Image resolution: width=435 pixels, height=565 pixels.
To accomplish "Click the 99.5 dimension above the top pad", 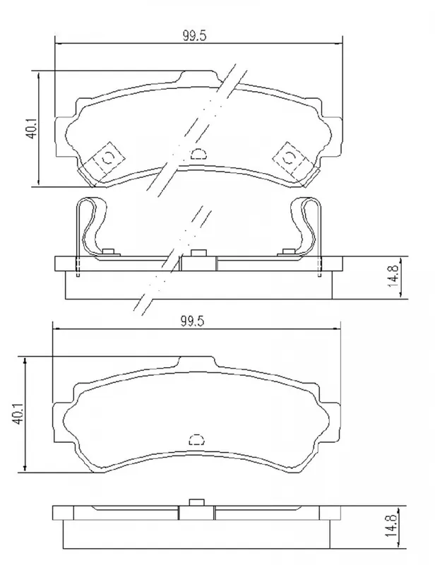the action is pos(194,36).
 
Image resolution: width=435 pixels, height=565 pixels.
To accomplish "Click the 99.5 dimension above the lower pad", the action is pos(192,321).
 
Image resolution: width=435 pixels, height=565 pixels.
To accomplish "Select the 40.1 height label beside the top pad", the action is pos(31,129).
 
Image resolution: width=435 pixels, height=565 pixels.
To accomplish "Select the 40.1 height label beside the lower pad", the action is pos(19,413).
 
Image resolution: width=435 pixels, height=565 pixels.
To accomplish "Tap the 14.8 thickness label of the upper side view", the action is pos(393,276).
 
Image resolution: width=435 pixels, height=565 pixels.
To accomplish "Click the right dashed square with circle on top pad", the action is pos(289,157).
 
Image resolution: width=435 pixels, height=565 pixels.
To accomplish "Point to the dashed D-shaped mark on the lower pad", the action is pos(197,439).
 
